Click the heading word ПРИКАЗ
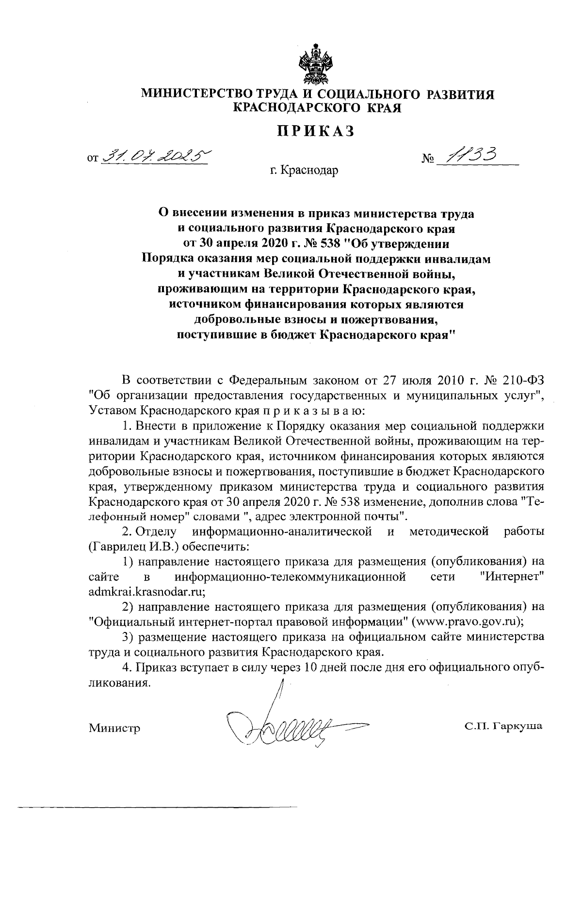316,131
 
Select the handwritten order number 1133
473,155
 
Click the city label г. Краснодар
305,170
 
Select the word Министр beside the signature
114,728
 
